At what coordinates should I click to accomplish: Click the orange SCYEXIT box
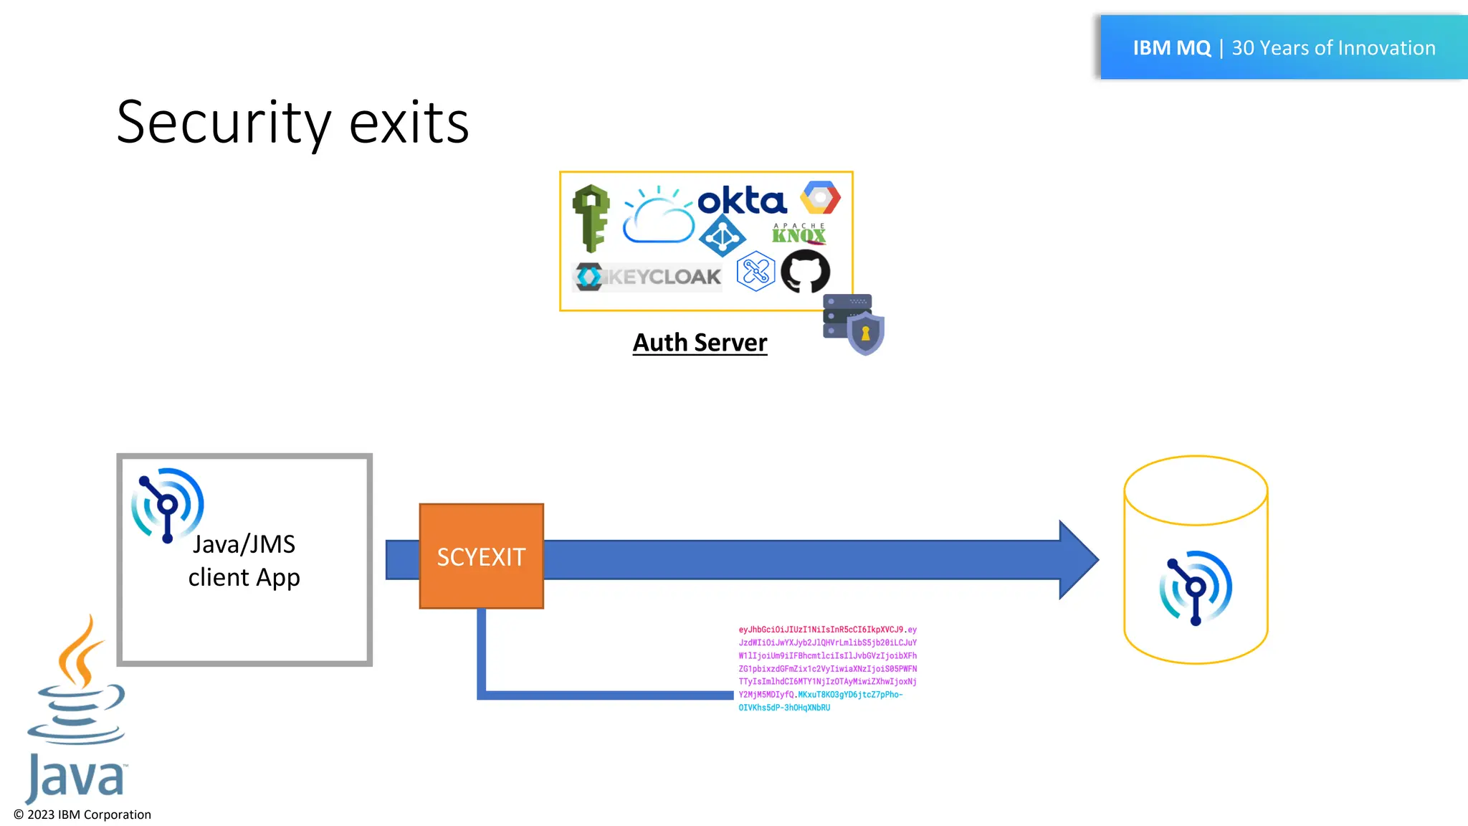481,556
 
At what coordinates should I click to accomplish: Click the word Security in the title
223,123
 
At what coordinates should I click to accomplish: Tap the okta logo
742,201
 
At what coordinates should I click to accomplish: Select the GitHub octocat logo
805,271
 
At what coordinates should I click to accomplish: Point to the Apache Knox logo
799,234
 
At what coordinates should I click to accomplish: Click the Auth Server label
700,343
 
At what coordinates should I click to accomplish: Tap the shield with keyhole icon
865,333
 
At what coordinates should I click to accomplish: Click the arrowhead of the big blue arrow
1077,559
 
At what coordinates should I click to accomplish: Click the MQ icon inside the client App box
167,505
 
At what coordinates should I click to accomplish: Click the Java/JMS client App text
244,561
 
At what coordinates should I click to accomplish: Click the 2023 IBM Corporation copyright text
82,815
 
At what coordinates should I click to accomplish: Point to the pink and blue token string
827,668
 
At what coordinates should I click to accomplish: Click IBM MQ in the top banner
1171,48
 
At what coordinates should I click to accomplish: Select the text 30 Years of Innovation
1333,48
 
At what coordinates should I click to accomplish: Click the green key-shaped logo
591,218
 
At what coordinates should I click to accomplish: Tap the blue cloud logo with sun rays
658,217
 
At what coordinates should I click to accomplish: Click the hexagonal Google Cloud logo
820,198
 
